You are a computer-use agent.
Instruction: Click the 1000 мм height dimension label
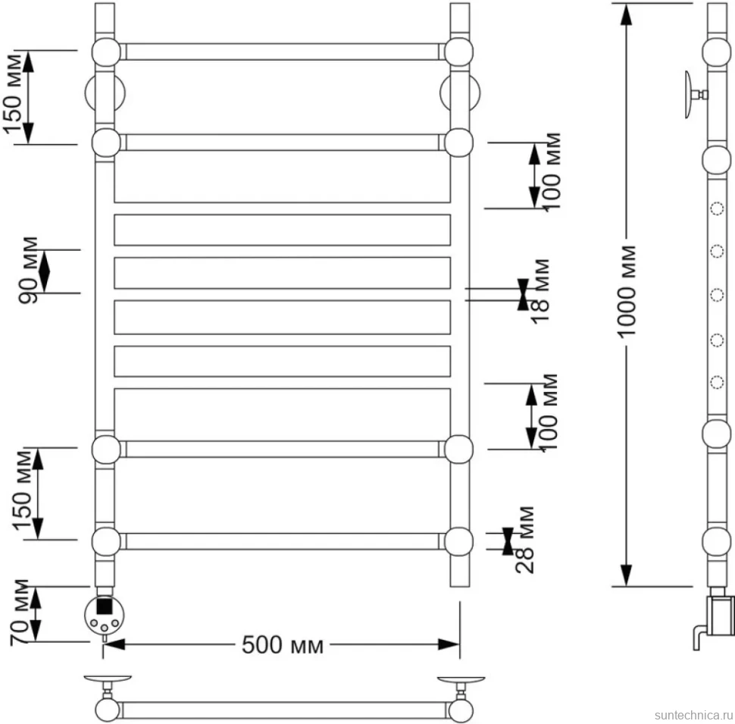point(627,291)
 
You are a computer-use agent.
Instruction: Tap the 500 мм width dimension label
point(282,645)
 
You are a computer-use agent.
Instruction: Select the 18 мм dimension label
point(540,290)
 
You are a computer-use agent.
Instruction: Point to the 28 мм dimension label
point(524,540)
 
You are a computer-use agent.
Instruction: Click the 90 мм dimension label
point(28,270)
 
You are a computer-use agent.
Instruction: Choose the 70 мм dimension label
point(20,613)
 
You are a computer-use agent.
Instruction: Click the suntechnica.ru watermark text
point(693,715)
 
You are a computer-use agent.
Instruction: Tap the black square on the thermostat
point(104,606)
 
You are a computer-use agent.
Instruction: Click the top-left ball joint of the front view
point(106,52)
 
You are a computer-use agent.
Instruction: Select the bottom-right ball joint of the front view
point(458,541)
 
